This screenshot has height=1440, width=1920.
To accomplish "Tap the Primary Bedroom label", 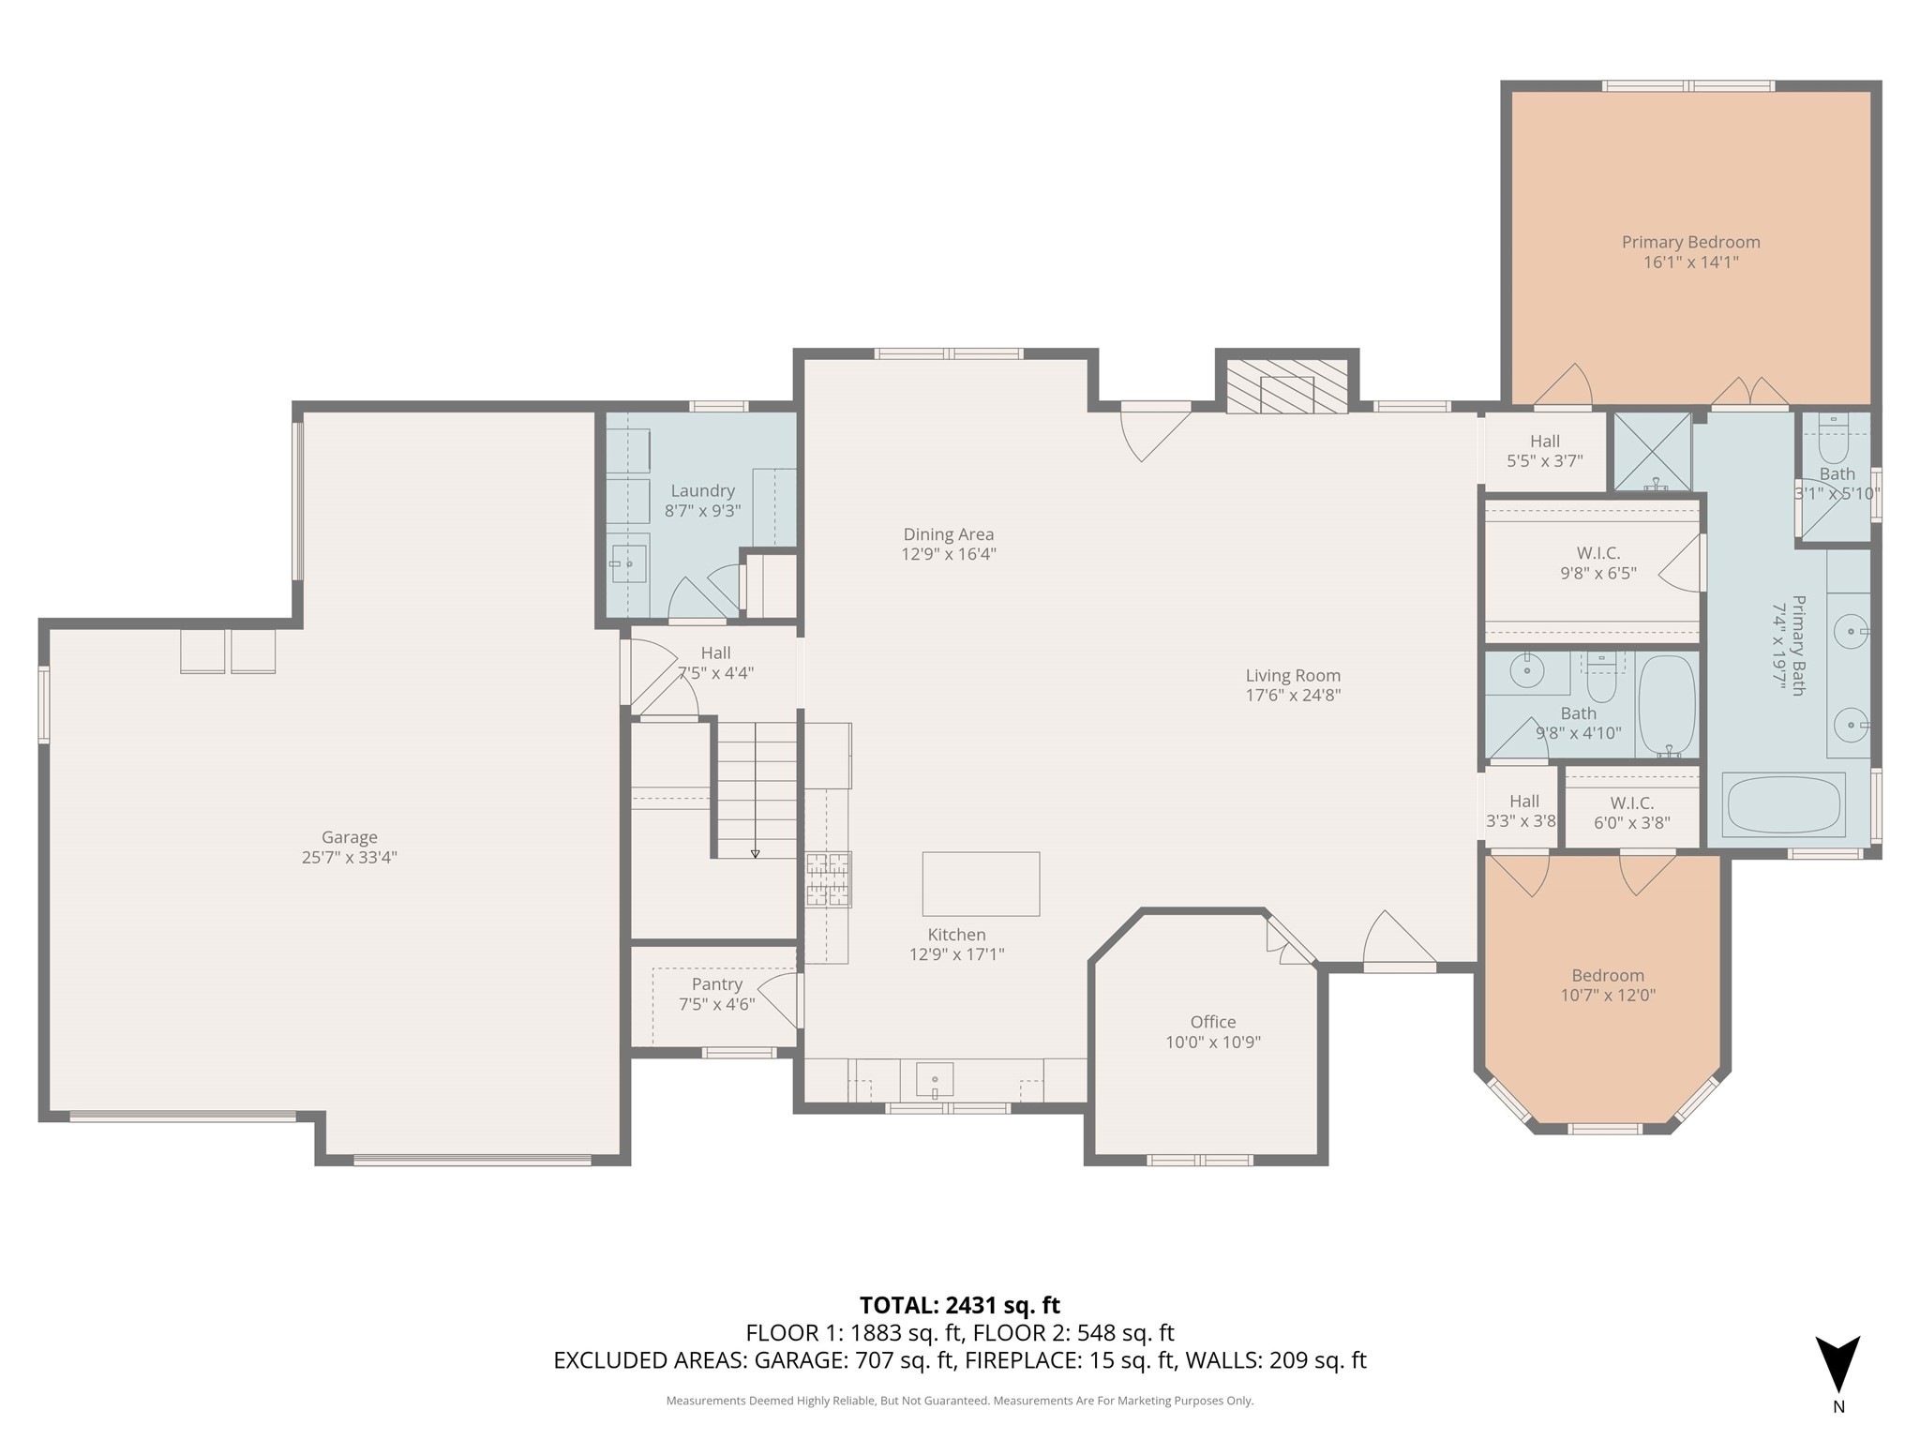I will point(1690,242).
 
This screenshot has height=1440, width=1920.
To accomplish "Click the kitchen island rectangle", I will point(981,883).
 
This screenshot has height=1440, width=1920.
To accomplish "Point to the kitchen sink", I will point(935,1080).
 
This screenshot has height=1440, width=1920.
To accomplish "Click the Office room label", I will point(1213,1022).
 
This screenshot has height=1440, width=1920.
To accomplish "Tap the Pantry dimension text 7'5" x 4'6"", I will point(716,1004).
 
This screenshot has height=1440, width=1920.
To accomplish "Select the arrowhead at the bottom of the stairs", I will point(755,853).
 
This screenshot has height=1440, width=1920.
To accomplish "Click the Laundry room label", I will point(702,490).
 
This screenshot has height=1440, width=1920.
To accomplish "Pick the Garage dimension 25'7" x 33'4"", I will point(349,857).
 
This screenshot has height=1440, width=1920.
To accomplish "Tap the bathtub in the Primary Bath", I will point(1785,804).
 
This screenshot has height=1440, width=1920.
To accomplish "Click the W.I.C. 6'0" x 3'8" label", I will point(1631,803).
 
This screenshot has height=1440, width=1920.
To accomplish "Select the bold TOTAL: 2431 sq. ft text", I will point(959,1305).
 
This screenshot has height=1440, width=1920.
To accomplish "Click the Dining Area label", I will point(948,534).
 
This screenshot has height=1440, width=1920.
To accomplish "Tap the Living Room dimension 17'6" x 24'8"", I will point(1293,695).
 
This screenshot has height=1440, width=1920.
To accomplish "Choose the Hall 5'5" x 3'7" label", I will point(1544,442).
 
